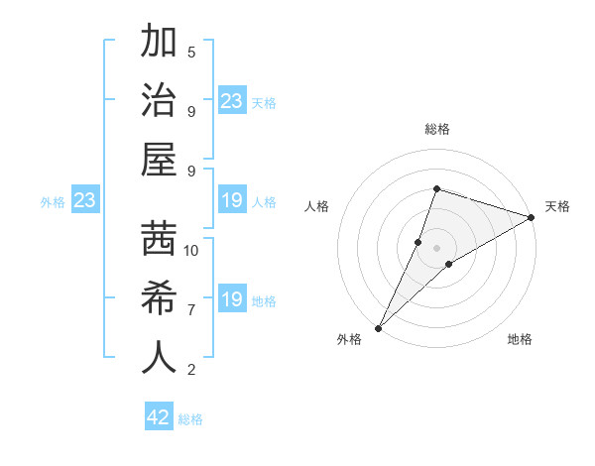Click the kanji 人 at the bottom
(x=160, y=358)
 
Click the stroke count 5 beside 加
(x=191, y=52)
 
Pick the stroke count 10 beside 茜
(x=191, y=250)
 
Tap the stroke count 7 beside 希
(x=191, y=310)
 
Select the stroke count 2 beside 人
(x=191, y=370)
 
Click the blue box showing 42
(x=159, y=417)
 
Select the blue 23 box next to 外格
(x=85, y=201)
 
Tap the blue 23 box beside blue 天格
(x=232, y=101)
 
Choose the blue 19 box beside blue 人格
(x=232, y=201)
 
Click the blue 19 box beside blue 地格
(x=232, y=299)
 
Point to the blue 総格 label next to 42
(x=190, y=419)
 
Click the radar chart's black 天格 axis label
(x=557, y=206)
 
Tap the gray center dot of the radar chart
(x=436, y=247)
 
